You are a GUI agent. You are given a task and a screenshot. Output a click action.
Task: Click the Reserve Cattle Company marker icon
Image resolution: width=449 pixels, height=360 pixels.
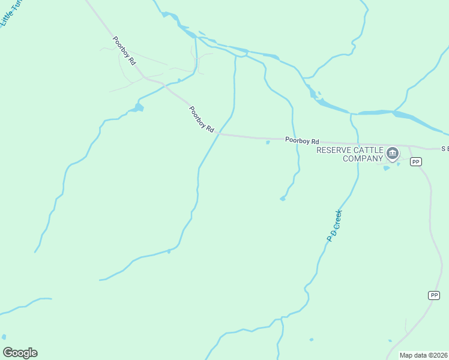393,154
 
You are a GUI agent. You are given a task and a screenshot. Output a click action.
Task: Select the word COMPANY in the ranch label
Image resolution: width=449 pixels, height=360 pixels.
363,158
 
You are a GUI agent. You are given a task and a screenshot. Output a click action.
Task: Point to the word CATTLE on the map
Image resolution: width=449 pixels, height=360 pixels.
372,150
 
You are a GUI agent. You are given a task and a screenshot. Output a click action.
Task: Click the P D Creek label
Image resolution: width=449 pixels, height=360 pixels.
334,226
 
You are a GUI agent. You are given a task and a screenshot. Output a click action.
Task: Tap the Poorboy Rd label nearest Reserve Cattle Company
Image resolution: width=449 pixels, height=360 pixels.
302,140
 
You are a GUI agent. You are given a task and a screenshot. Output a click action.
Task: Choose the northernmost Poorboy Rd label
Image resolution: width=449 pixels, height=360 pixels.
124,51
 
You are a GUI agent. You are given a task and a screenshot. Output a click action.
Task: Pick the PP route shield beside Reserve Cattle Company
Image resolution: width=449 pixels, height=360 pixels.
416,162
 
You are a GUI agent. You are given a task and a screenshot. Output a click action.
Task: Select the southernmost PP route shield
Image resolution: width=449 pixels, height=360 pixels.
434,295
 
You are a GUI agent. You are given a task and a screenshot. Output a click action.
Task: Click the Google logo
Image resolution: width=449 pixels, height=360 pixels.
20,353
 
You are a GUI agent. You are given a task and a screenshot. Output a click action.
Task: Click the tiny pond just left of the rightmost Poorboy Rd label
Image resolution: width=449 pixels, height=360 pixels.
268,142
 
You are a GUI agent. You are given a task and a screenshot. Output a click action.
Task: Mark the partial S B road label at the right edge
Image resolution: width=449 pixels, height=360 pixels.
445,148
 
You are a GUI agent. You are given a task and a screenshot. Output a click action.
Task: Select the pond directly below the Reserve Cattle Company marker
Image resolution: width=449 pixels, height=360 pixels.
387,168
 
